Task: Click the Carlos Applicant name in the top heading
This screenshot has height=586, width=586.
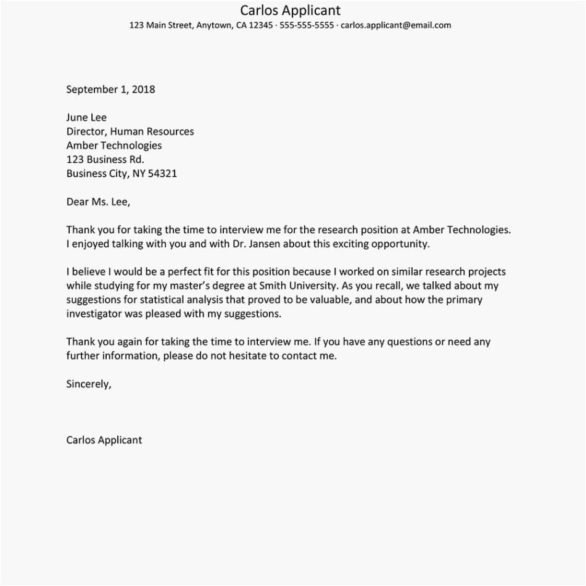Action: pos(290,10)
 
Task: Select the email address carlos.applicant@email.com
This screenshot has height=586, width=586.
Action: pos(395,25)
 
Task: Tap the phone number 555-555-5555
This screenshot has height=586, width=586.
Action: pos(307,25)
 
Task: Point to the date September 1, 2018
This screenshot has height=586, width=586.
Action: pos(110,89)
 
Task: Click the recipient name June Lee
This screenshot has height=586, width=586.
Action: pos(86,117)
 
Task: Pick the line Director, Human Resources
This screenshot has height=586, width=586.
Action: pos(130,131)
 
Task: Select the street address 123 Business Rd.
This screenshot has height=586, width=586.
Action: pos(105,159)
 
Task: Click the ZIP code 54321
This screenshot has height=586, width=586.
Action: pos(163,173)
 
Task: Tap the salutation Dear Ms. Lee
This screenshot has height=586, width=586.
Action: pos(98,202)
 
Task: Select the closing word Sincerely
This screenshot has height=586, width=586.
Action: pos(88,384)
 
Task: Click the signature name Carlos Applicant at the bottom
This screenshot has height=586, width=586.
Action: pos(104,440)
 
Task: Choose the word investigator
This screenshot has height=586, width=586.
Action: pos(96,313)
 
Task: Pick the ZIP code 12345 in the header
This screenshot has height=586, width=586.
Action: pos(261,25)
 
